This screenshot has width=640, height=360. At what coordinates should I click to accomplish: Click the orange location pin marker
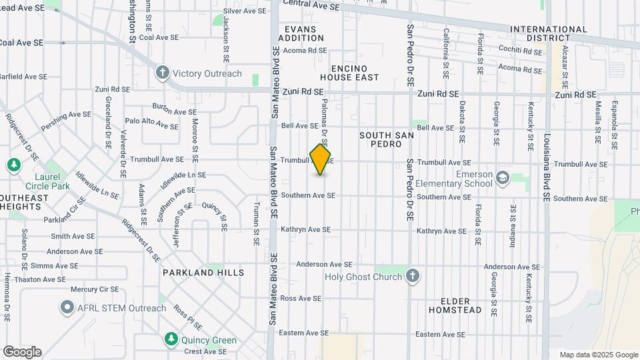(x=321, y=159)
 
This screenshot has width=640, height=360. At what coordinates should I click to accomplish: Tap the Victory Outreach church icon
(x=163, y=73)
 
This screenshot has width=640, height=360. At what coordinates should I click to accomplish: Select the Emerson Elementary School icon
(x=502, y=177)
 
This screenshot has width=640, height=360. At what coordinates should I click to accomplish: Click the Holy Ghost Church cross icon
(x=413, y=276)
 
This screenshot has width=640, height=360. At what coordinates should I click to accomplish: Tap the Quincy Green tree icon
(x=171, y=340)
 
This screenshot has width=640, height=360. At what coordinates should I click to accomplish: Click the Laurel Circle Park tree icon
(x=14, y=165)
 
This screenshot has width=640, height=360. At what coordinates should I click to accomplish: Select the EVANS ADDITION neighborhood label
(x=305, y=34)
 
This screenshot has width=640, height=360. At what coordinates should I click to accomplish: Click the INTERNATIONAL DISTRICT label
(x=549, y=34)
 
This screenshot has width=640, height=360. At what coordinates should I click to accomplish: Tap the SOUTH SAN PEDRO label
(x=387, y=139)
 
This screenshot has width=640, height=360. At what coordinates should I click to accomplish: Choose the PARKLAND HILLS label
(x=203, y=273)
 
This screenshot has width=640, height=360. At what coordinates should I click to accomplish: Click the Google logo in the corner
(x=22, y=352)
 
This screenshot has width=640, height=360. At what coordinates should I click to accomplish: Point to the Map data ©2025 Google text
(x=598, y=355)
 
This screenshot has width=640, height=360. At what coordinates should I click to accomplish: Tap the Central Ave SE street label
(x=311, y=5)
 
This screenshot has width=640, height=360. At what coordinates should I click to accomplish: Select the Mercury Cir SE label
(x=95, y=289)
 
